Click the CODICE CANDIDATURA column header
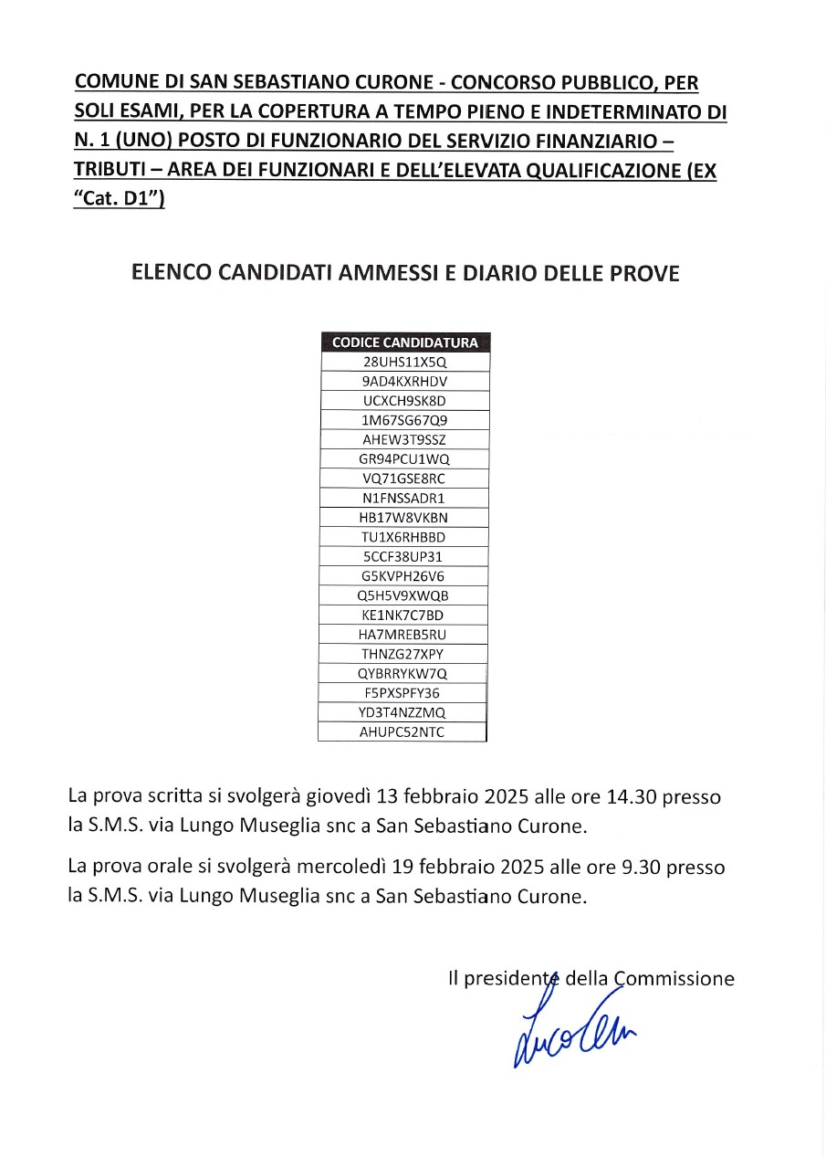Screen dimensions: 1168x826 pos(404,342)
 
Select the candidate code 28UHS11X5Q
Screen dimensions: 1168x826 pos(404,362)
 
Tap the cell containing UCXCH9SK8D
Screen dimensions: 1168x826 pos(404,401)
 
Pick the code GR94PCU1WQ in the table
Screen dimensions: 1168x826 pos(404,459)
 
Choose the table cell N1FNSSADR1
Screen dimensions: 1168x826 pos(404,499)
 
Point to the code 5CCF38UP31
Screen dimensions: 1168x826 pos(404,556)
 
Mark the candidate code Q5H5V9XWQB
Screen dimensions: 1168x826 pos(404,595)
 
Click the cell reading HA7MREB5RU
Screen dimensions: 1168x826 pos(404,635)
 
